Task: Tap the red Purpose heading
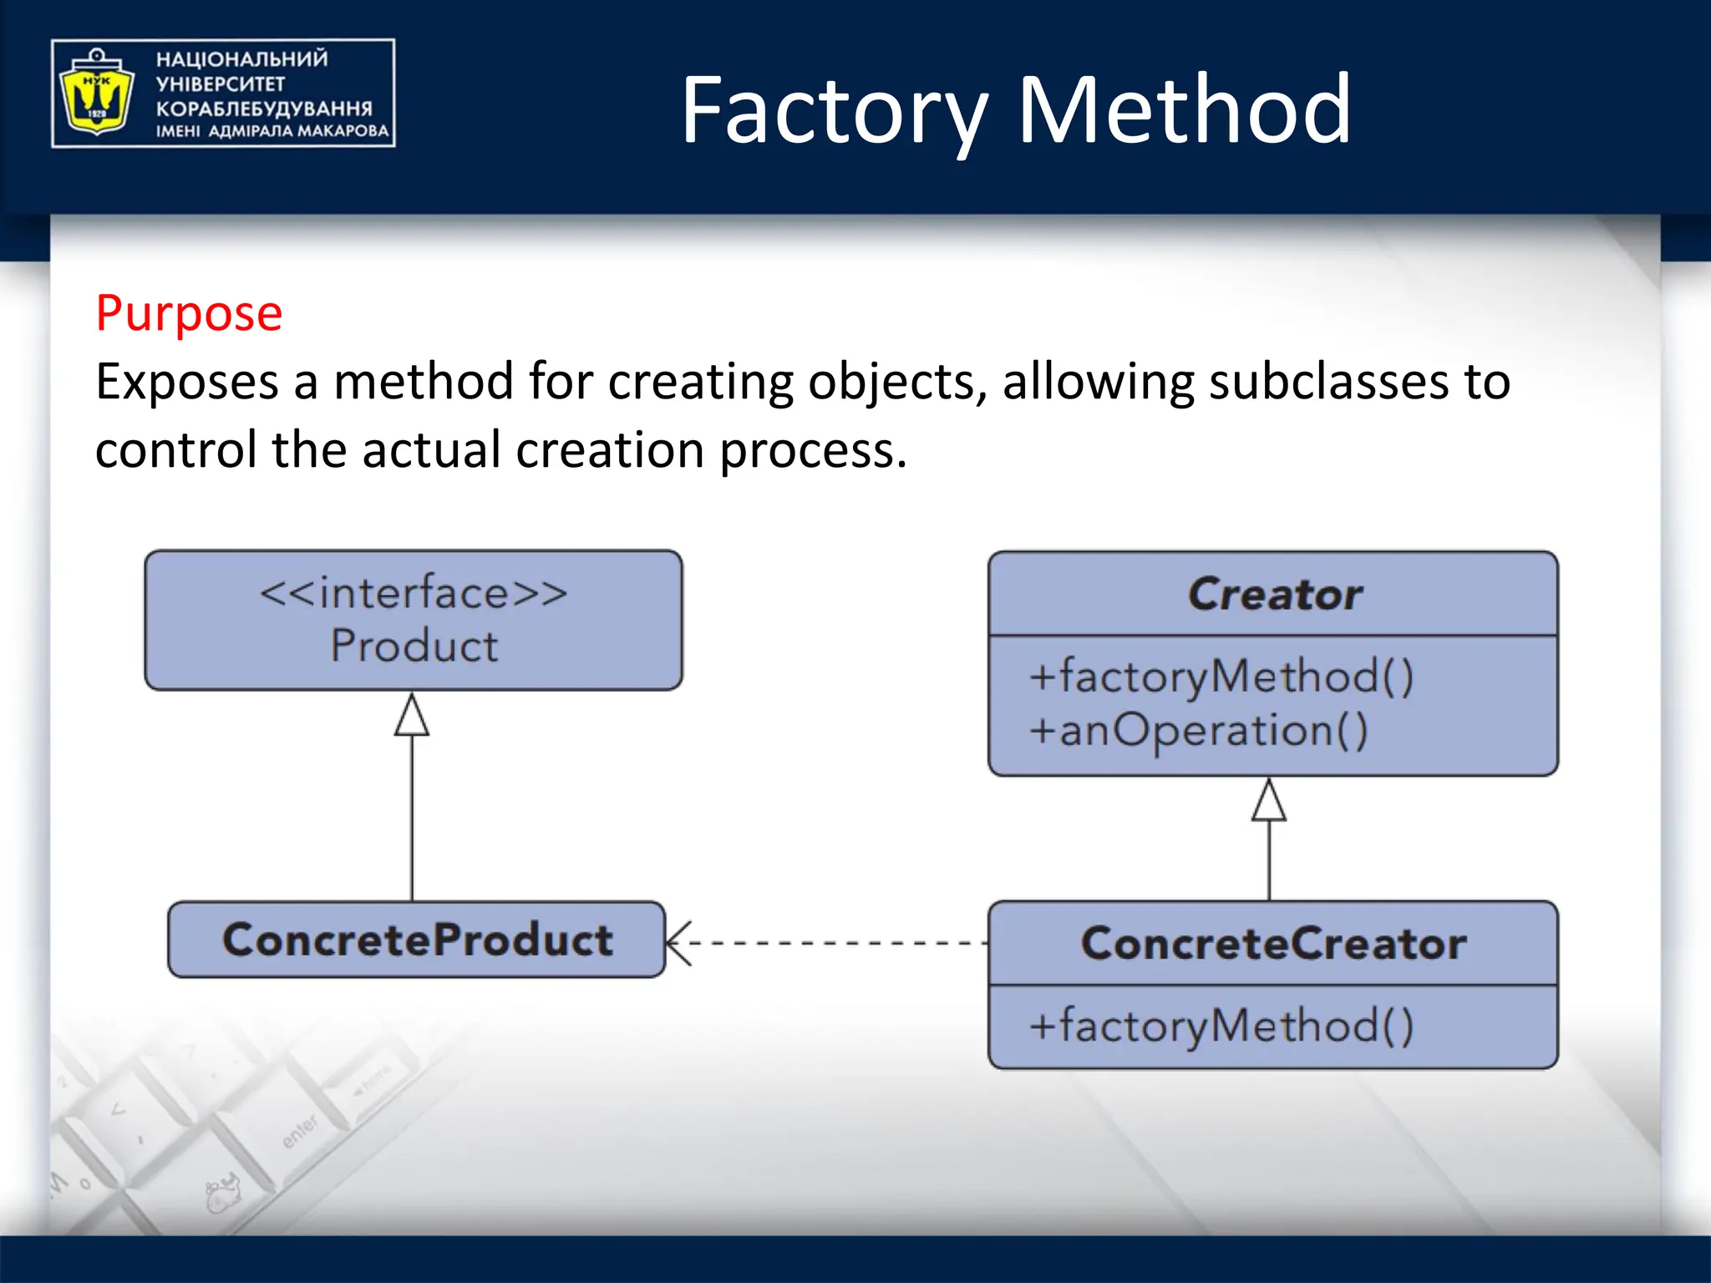pyautogui.click(x=189, y=313)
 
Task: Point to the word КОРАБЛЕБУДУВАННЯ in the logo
pyautogui.click(x=264, y=109)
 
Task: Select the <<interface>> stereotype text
pyautogui.click(x=414, y=593)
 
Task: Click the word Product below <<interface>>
pyautogui.click(x=414, y=646)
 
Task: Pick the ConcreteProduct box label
pyautogui.click(x=417, y=940)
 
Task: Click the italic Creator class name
pyautogui.click(x=1274, y=594)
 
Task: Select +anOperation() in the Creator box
pyautogui.click(x=1198, y=730)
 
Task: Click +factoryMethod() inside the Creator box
pyautogui.click(x=1221, y=676)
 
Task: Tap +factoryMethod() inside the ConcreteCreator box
pyautogui.click(x=1221, y=1026)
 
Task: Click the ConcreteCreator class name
pyautogui.click(x=1273, y=944)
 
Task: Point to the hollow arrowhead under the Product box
pyautogui.click(x=412, y=716)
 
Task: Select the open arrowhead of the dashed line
pyautogui.click(x=677, y=943)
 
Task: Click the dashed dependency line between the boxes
pyautogui.click(x=835, y=943)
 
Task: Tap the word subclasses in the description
pyautogui.click(x=1328, y=382)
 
